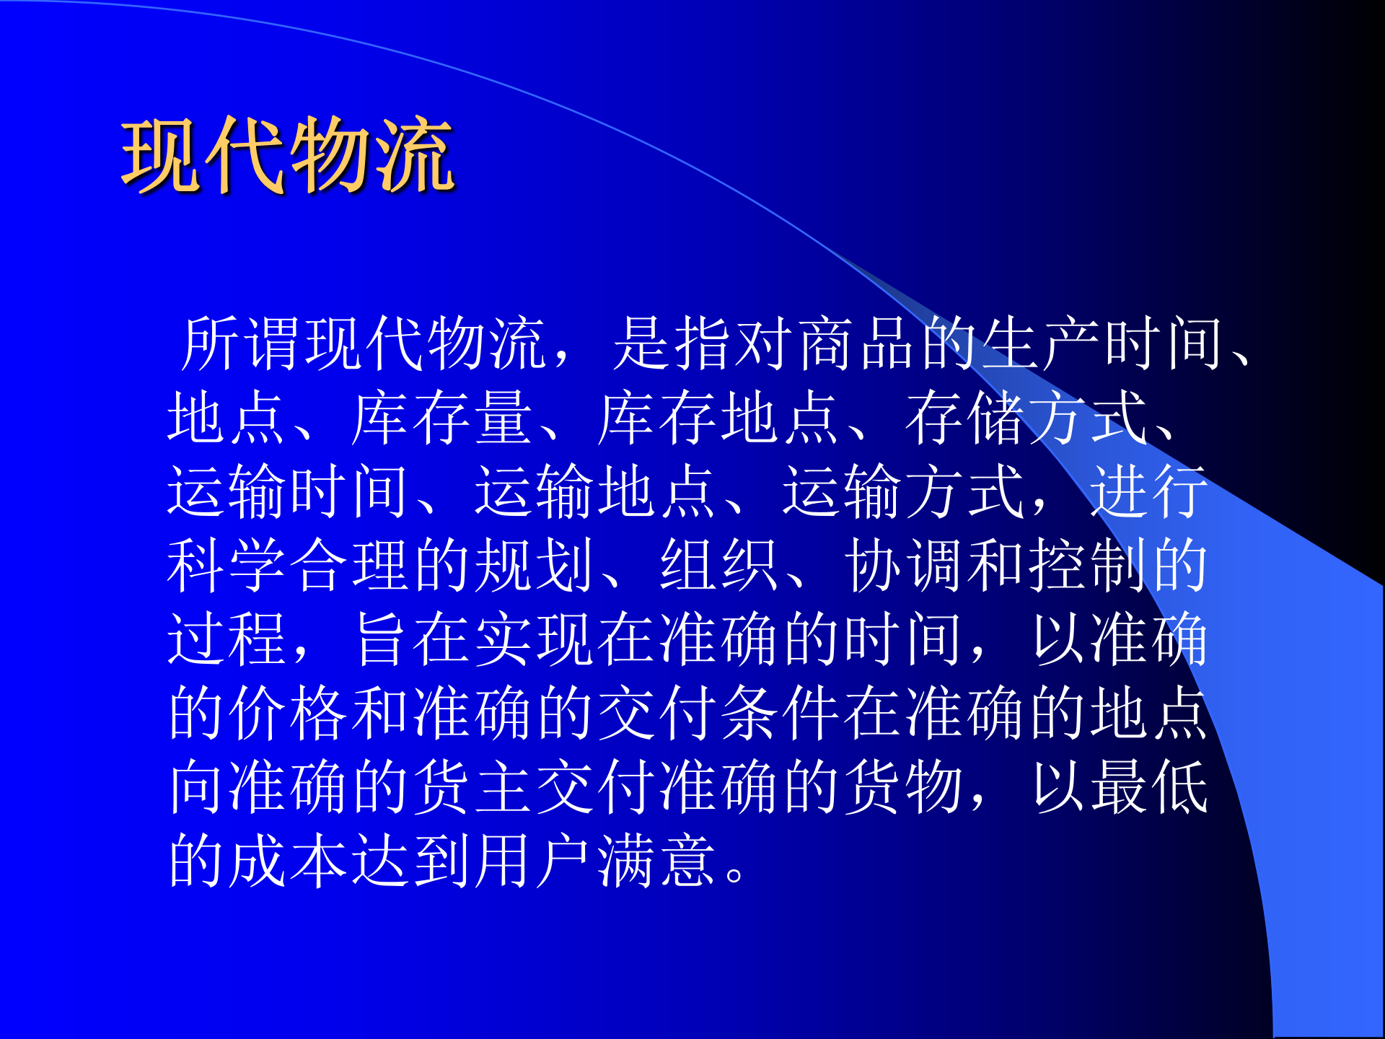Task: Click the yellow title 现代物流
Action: pos(287,155)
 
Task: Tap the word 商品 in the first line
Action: pos(858,344)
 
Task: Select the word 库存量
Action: pos(441,418)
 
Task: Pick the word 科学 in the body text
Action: pos(227,566)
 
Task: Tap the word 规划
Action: pos(534,566)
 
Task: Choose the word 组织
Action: pos(718,566)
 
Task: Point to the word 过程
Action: pos(227,640)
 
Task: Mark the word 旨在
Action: pos(411,640)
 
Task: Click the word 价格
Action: pos(289,714)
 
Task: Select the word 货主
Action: pos(472,787)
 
